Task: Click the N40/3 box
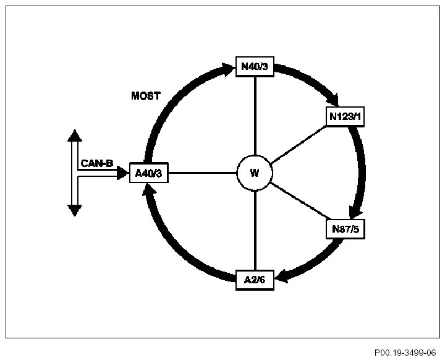(x=255, y=66)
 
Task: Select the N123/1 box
(x=345, y=117)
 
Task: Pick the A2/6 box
(x=255, y=280)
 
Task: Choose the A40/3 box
(x=148, y=173)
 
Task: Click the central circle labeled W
(x=255, y=173)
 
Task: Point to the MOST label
(x=146, y=96)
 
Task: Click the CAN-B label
(x=96, y=163)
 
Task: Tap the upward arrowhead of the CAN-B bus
(x=75, y=135)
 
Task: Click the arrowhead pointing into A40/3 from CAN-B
(x=123, y=174)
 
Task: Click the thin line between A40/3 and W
(x=202, y=173)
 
